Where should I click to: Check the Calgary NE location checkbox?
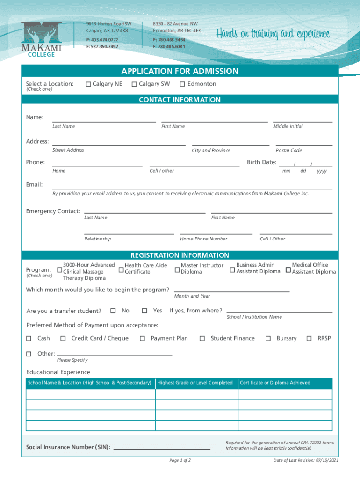[87, 84]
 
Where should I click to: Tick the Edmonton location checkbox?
[182, 84]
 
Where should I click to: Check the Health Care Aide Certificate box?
[121, 269]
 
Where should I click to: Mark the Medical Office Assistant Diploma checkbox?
[288, 269]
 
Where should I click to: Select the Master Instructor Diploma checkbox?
[177, 269]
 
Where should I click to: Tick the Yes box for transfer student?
[145, 311]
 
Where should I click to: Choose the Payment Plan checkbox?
[142, 338]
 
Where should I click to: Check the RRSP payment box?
[309, 338]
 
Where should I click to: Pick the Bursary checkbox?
[268, 338]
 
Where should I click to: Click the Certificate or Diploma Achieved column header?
[275, 383]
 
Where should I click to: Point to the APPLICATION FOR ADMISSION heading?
[180, 71]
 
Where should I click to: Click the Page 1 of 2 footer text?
[180, 460]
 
